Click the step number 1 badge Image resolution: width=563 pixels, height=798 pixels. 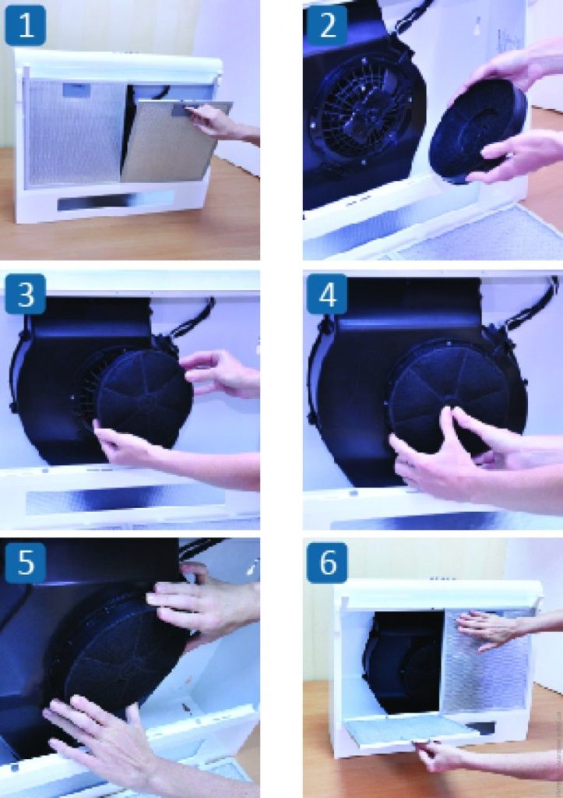26,26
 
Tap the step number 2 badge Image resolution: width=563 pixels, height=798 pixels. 328,26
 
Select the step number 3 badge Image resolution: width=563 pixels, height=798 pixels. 26,294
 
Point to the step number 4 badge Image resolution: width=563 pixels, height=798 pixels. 328,294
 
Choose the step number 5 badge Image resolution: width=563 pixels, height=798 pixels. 26,563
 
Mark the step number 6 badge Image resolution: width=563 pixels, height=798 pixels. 328,563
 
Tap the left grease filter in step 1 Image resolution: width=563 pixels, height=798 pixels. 76,133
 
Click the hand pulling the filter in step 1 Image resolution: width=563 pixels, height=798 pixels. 222,125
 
